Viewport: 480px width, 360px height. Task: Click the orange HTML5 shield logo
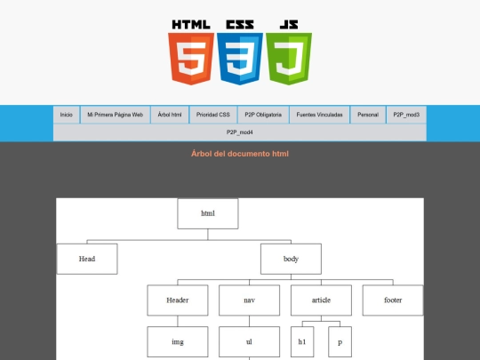click(x=191, y=58)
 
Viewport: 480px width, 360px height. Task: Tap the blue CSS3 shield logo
click(x=240, y=58)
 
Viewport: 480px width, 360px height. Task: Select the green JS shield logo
click(x=289, y=58)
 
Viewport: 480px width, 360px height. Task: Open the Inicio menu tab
click(x=67, y=115)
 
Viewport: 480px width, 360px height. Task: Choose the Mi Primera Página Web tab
click(x=115, y=115)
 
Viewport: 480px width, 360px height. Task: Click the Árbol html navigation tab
click(x=170, y=115)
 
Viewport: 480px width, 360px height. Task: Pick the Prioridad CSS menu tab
click(x=213, y=115)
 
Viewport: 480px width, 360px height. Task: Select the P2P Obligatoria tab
click(x=263, y=115)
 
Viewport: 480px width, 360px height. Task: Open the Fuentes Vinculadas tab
click(x=320, y=115)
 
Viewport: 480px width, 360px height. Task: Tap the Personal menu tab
click(x=368, y=115)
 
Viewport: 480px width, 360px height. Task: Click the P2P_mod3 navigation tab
click(x=406, y=115)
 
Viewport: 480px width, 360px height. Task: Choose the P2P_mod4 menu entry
click(x=240, y=132)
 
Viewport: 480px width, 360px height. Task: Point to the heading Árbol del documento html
click(x=240, y=154)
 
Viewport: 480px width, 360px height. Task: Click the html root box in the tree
click(x=208, y=213)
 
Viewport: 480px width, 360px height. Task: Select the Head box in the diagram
click(x=87, y=259)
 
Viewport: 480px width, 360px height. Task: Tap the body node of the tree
click(x=291, y=259)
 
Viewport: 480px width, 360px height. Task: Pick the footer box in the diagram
click(x=393, y=300)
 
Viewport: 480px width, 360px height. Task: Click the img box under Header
click(x=178, y=342)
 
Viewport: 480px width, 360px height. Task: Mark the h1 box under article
click(x=302, y=342)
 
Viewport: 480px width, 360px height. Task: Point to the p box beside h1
click(x=340, y=342)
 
